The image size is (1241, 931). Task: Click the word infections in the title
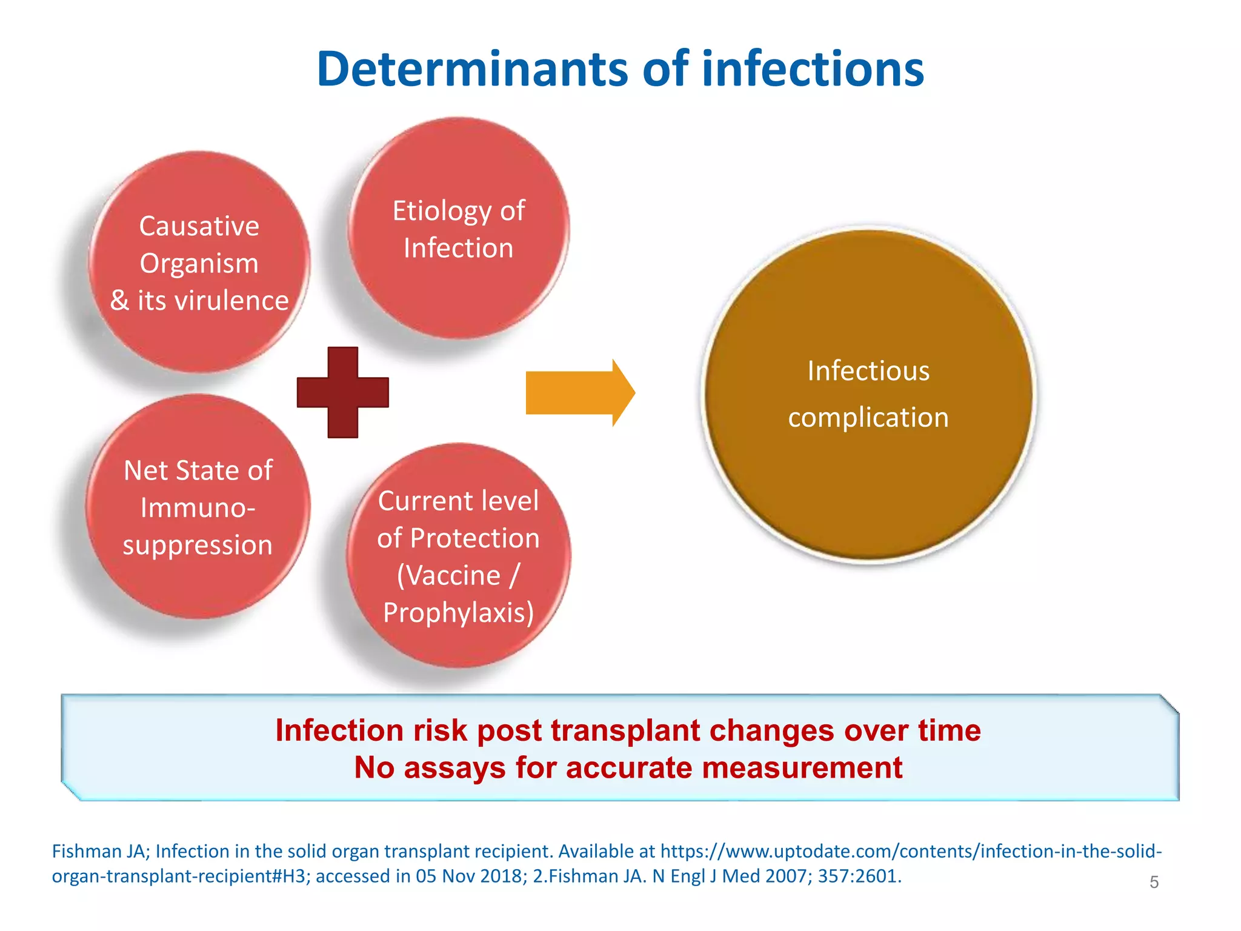(813, 69)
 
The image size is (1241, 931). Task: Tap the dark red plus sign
(343, 392)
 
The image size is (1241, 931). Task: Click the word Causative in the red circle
(199, 226)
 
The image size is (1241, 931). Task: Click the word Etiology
(442, 212)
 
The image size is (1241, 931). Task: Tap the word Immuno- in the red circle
(198, 507)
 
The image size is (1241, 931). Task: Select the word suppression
(198, 545)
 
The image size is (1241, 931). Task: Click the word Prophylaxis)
(459, 612)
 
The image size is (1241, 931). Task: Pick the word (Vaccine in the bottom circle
(448, 575)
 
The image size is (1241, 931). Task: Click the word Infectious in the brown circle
(868, 371)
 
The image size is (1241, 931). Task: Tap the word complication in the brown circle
(868, 418)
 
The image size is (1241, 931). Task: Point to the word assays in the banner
(454, 768)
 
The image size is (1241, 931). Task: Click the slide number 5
(1154, 882)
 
